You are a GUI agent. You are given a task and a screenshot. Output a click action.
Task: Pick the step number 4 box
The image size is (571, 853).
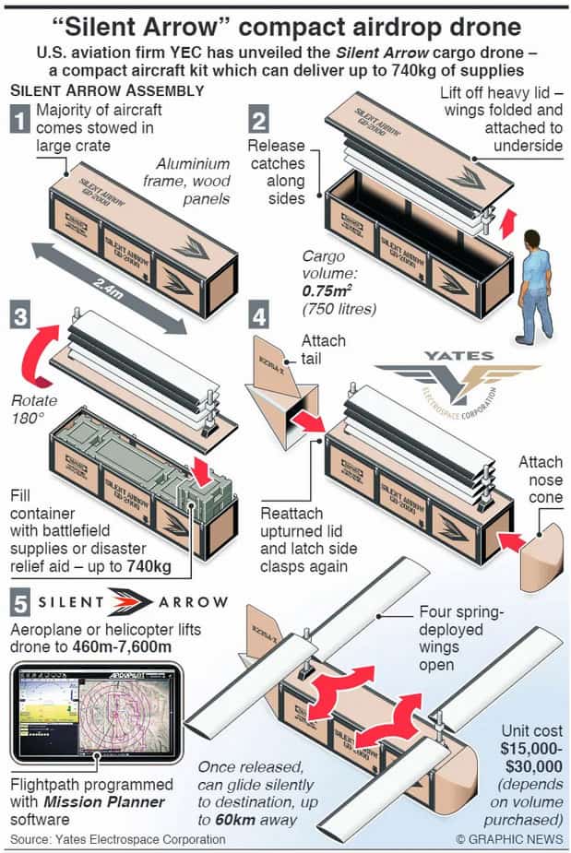point(260,317)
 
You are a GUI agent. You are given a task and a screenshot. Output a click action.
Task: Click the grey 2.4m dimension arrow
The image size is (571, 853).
point(105,286)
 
